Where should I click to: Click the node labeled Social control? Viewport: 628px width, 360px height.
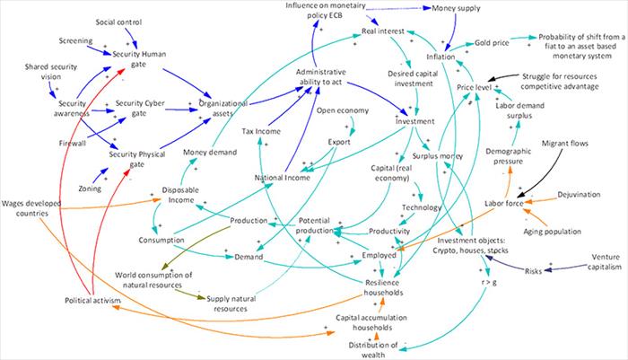[118, 22]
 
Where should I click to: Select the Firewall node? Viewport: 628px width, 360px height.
[73, 143]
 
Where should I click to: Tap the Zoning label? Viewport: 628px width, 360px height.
[90, 189]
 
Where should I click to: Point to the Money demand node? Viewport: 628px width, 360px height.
[210, 153]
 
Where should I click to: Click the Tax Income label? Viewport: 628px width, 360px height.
[261, 131]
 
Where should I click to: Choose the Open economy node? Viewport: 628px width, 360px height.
[343, 110]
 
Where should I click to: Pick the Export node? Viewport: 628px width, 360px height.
[339, 142]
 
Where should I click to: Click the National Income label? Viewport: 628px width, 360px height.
[283, 178]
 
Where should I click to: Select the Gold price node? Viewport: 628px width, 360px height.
[492, 43]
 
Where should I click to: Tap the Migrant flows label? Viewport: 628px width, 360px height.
[564, 143]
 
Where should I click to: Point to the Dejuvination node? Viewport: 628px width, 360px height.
[579, 195]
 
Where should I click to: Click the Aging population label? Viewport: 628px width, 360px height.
[552, 232]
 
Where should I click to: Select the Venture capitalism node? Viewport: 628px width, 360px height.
[605, 262]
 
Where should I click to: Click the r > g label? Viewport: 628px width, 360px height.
[489, 282]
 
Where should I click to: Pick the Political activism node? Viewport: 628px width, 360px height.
[92, 300]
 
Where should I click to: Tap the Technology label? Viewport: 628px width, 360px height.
[422, 207]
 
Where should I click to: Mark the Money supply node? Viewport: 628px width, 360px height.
[456, 8]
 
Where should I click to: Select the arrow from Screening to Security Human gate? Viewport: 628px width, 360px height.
[99, 50]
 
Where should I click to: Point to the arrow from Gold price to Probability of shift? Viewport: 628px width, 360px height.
[523, 38]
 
